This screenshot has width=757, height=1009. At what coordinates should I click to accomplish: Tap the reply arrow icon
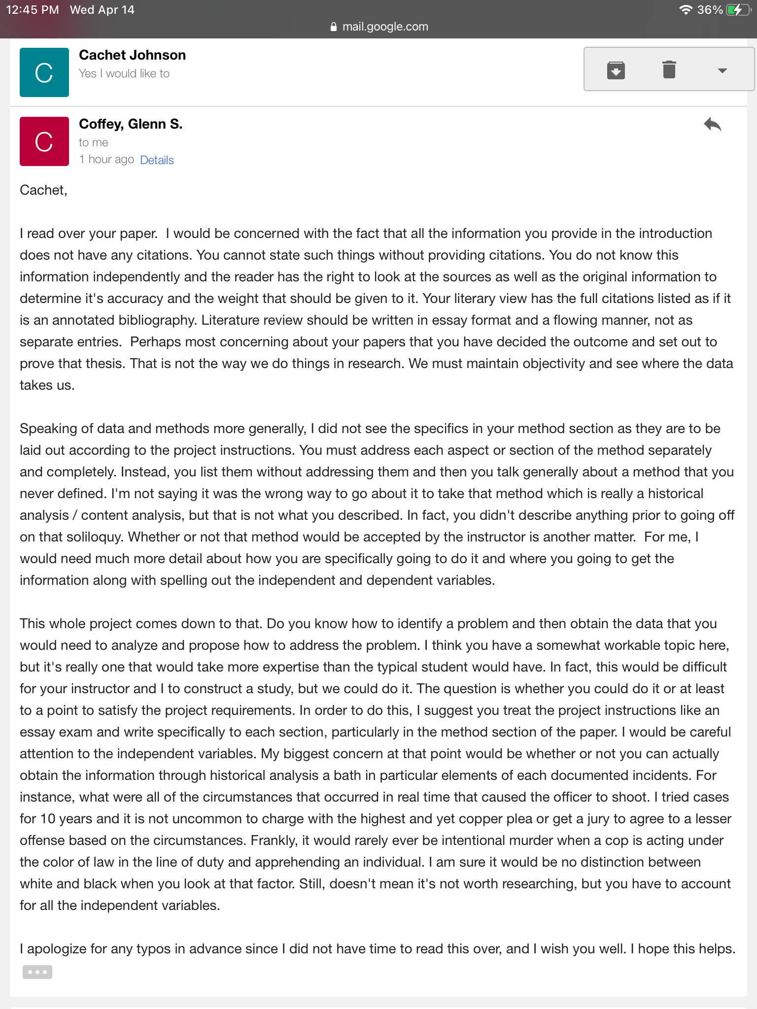[712, 125]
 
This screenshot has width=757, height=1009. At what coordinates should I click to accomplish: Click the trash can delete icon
[669, 69]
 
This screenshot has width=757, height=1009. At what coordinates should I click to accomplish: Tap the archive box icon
[616, 70]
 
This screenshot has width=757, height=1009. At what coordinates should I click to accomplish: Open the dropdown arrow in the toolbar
[722, 71]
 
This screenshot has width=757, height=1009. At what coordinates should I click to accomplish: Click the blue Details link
[157, 160]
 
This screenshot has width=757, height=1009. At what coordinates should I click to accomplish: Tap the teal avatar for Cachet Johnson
[44, 72]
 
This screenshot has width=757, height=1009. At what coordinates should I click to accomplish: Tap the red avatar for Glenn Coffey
[44, 141]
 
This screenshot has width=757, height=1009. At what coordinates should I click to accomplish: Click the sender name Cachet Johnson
[132, 55]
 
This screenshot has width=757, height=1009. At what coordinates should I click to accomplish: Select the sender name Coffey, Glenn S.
[131, 124]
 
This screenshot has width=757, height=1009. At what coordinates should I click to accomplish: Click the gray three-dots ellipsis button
[37, 972]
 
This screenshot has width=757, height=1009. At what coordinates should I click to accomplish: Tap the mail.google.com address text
[385, 27]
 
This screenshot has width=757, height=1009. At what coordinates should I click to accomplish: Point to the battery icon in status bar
[738, 10]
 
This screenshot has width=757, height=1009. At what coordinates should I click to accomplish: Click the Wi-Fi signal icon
[685, 10]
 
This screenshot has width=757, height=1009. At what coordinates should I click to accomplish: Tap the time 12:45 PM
[33, 10]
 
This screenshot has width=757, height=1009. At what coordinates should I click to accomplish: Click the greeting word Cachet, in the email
[43, 190]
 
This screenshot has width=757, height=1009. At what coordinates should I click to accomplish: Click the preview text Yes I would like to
[124, 73]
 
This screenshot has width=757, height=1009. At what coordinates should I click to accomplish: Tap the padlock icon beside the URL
[334, 27]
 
